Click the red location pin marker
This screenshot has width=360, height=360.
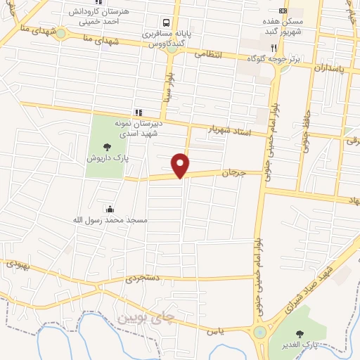click(181, 165)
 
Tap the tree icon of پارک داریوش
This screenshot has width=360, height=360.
click(107, 147)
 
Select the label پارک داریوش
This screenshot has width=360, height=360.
click(105, 159)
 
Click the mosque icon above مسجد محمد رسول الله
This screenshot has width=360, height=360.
click(110, 209)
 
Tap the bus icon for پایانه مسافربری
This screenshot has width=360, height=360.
click(166, 22)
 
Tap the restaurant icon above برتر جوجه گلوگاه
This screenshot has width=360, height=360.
click(284, 48)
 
